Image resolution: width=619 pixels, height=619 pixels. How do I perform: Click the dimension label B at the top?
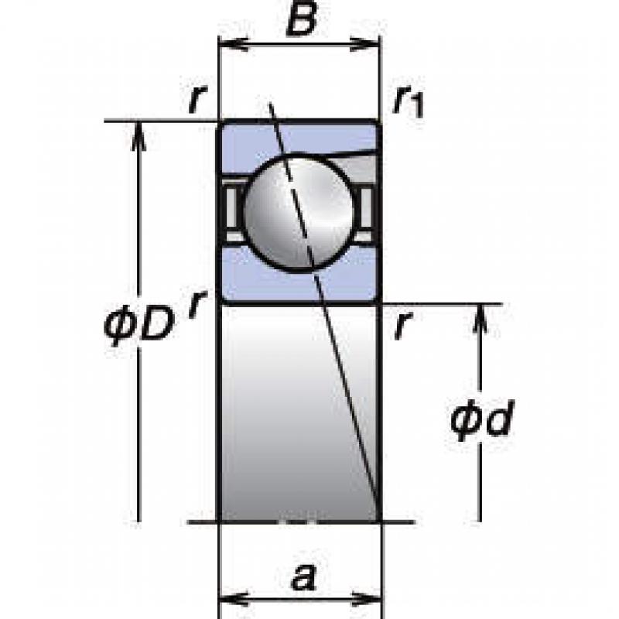pos(302,18)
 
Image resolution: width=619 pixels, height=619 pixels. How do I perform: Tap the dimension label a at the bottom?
pos(303,577)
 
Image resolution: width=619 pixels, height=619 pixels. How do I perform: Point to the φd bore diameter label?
pos(482,419)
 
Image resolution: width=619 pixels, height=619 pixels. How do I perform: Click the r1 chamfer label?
pos(409,101)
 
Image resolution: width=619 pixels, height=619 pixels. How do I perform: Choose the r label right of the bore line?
pos(402,324)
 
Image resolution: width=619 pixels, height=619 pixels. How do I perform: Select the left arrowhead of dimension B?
pos(233,44)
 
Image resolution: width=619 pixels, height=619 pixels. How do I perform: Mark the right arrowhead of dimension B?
pos(365,44)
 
